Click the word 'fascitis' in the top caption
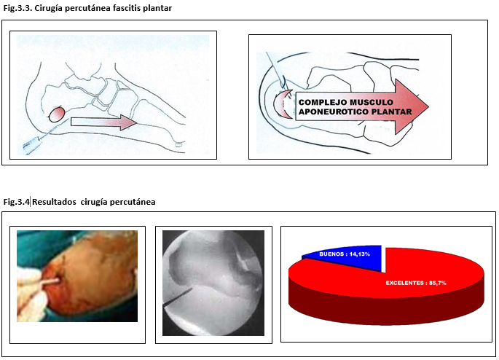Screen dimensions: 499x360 [x=127, y=8]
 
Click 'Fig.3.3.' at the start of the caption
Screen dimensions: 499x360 [x=17, y=8]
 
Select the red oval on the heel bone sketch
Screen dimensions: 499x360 [x=58, y=114]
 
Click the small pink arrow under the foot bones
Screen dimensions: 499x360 [x=103, y=122]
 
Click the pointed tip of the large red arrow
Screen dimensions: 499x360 [x=428, y=107]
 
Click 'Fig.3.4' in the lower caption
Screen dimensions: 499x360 [x=16, y=202]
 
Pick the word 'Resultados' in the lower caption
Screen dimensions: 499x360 [x=54, y=202]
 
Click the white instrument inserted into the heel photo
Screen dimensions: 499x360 [x=50, y=282]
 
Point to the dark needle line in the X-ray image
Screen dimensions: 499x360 [x=178, y=297]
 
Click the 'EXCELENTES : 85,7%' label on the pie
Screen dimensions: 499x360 [x=416, y=283]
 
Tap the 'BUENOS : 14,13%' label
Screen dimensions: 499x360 [x=345, y=254]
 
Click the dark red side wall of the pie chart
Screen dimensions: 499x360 [x=386, y=310]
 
